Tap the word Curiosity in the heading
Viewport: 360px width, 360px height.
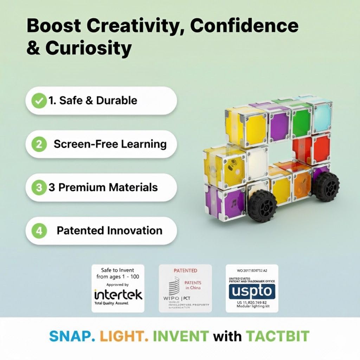88,49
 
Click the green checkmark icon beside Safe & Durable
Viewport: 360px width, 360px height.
39,101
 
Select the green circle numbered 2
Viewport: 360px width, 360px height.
39,144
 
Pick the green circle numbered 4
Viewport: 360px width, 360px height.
39,231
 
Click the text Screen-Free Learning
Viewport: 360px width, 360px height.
110,144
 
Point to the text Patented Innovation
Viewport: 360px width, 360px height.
109,231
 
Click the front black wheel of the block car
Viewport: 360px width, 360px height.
260,205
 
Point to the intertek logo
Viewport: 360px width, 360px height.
118,294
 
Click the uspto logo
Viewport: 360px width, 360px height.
252,291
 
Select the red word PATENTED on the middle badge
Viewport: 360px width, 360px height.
185,271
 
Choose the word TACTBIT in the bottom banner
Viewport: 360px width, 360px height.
277,336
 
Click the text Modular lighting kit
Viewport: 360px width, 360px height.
252,307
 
